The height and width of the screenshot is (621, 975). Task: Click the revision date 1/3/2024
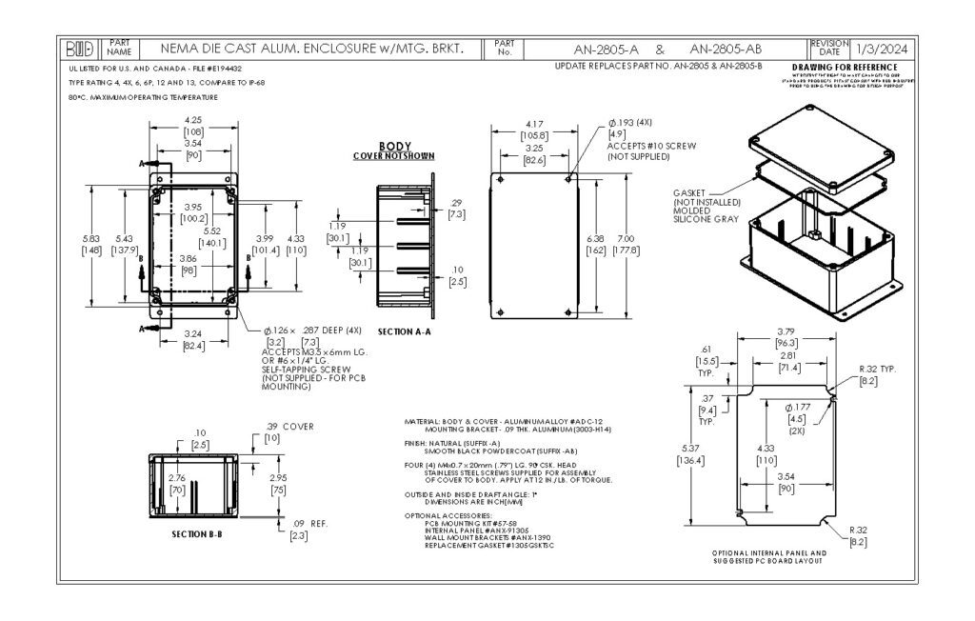[880, 49]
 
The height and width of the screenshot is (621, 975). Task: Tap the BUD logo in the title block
[82, 49]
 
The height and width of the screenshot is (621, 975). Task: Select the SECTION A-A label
[404, 331]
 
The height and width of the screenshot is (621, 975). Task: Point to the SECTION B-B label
[196, 534]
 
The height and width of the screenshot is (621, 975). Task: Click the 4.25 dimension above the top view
[192, 120]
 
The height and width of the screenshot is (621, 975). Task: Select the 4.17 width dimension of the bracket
[535, 125]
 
